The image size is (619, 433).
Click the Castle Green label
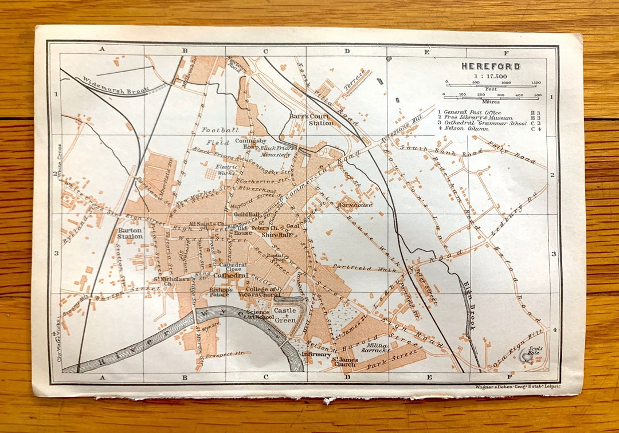coord(285,316)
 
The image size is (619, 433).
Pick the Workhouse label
coord(355,204)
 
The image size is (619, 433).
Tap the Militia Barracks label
coord(375,347)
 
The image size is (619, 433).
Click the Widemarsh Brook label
coord(115,85)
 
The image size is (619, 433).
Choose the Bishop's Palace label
coord(221,293)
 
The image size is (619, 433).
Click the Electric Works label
coord(226,170)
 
